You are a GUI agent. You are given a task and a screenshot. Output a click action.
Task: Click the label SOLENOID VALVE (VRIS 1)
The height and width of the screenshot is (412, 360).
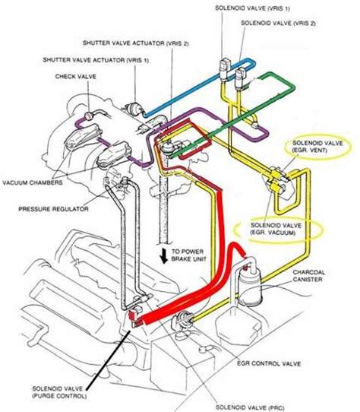click(252, 8)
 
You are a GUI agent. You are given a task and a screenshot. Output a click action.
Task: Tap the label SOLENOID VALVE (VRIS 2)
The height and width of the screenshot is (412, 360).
click(278, 23)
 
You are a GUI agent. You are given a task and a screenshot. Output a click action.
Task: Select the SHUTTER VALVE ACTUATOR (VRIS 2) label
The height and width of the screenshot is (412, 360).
click(135, 43)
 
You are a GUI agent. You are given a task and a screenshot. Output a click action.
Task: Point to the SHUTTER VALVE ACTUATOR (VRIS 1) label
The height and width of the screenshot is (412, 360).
click(96, 60)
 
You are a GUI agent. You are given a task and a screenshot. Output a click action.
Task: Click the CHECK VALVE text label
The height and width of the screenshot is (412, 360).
click(76, 77)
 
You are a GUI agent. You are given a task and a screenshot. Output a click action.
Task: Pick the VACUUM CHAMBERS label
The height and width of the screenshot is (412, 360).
click(33, 182)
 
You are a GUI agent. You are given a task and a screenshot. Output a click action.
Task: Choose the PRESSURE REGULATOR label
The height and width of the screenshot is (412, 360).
click(53, 209)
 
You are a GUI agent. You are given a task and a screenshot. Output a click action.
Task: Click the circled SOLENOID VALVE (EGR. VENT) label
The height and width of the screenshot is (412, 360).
click(317, 147)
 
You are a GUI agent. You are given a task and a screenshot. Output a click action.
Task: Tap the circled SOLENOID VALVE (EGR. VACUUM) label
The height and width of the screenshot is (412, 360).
click(276, 229)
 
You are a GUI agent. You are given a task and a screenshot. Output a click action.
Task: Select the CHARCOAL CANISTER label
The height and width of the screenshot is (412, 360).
click(308, 276)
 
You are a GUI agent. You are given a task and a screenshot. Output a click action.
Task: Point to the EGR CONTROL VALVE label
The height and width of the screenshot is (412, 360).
click(269, 363)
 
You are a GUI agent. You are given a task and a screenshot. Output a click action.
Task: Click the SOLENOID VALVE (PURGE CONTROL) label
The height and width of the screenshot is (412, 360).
click(59, 392)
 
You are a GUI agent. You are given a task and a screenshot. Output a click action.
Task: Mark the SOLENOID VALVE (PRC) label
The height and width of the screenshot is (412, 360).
click(250, 407)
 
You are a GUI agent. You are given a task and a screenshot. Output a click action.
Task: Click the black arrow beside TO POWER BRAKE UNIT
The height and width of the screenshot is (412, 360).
click(164, 255)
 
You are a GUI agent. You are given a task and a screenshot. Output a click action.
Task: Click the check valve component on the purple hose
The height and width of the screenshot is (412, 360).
click(89, 116)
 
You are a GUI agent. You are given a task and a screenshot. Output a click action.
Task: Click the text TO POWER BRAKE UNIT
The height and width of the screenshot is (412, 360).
click(189, 255)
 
